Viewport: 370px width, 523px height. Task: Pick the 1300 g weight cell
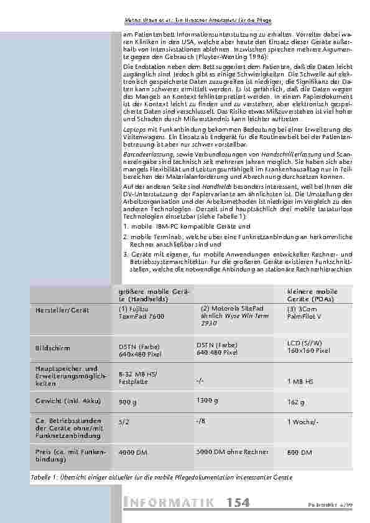pyautogui.click(x=207, y=400)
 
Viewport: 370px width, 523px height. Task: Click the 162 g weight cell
pyautogui.click(x=296, y=402)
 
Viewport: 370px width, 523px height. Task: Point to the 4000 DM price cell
pyautogui.click(x=133, y=453)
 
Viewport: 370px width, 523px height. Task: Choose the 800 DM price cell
pyautogui.click(x=300, y=453)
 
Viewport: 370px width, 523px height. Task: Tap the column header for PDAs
pyautogui.click(x=312, y=294)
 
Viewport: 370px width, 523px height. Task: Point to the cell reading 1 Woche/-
pyautogui.click(x=303, y=422)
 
